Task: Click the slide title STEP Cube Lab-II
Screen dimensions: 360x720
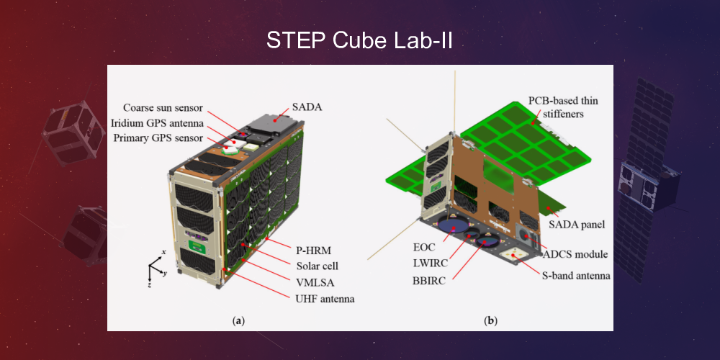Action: (x=359, y=40)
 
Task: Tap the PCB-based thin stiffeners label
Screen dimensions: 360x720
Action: (x=563, y=106)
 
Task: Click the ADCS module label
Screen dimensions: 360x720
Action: (x=576, y=254)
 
